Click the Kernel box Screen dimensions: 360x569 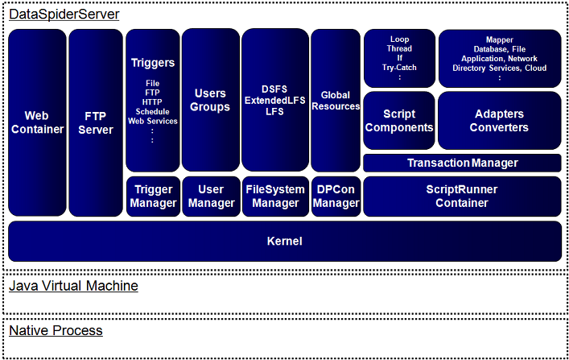coord(284,241)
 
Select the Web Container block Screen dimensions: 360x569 coord(37,122)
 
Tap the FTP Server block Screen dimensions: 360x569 coord(96,122)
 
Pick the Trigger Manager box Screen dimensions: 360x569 coord(153,197)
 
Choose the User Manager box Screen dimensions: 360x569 coord(211,197)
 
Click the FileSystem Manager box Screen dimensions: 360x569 coord(274,197)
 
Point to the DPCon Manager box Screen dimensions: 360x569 coord(336,197)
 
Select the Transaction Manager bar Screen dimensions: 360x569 coord(462,163)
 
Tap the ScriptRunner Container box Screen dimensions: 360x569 coord(462,197)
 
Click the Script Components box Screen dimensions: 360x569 coord(399,121)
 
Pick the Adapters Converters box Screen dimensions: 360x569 coord(499,121)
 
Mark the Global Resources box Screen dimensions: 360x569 coord(336,101)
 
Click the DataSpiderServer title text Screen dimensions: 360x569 coord(64,14)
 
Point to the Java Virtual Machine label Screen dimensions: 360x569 coord(73,286)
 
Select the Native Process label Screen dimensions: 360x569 coord(56,330)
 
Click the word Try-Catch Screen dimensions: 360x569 coord(399,68)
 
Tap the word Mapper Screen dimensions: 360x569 coord(499,39)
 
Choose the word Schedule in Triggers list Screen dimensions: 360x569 coord(153,112)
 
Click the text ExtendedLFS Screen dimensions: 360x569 coord(274,100)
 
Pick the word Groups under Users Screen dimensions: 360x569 coord(211,107)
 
